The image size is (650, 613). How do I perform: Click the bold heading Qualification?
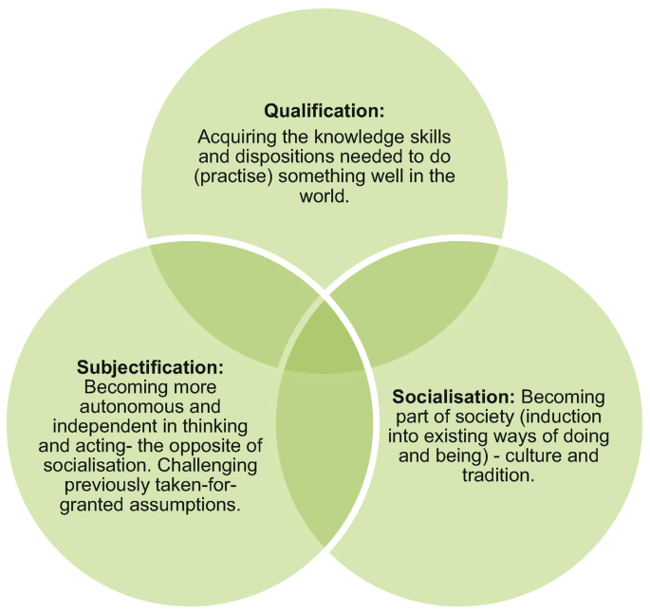click(324, 109)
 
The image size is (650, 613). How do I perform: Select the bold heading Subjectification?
click(151, 365)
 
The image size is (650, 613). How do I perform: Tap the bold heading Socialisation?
click(453, 396)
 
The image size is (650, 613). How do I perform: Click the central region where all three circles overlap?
click(324, 343)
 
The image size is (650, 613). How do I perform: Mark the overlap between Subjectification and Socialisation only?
click(324, 455)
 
